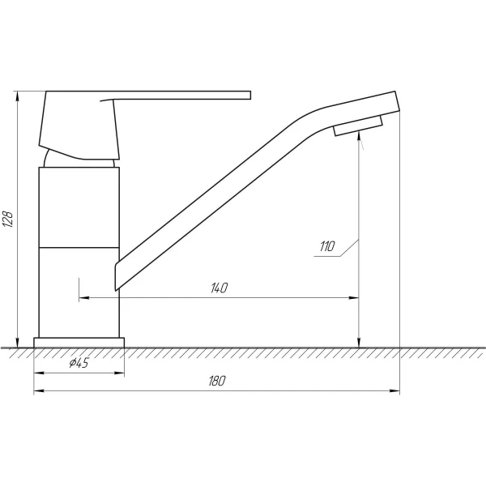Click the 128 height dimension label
(8, 220)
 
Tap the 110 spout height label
(327, 246)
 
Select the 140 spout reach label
(220, 288)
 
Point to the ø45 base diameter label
(79, 362)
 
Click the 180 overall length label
(216, 381)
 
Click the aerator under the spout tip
(358, 126)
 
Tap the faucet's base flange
(79, 343)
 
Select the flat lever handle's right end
(250, 95)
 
